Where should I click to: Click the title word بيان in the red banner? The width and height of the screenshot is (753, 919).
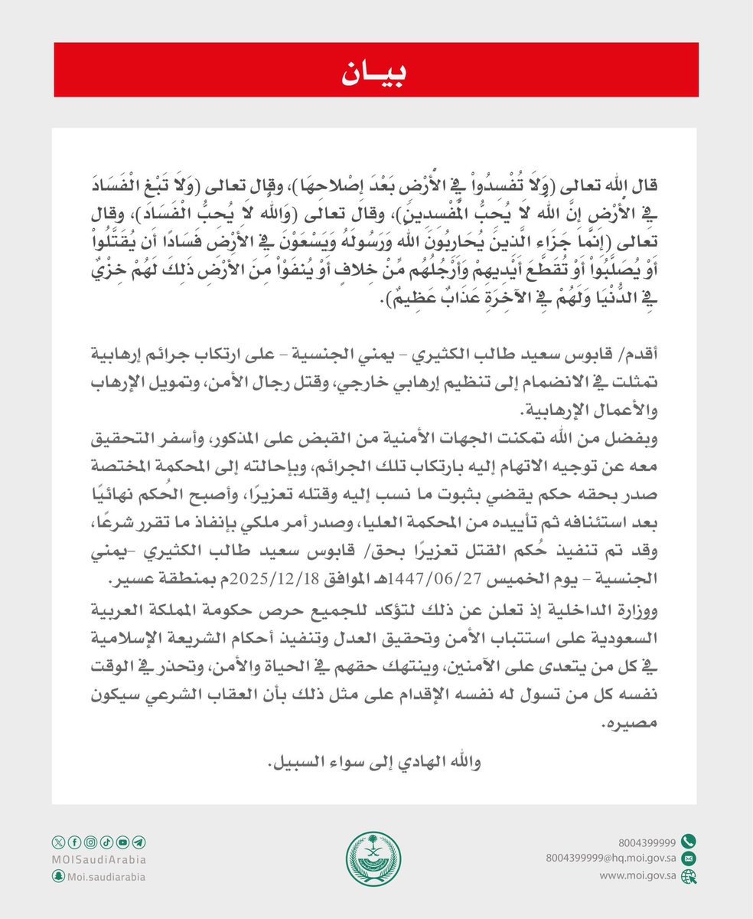click(x=376, y=70)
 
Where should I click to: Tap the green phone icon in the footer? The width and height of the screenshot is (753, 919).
click(x=688, y=839)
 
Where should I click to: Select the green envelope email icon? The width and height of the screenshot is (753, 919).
click(x=688, y=858)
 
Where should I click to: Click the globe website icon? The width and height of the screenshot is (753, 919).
click(x=688, y=876)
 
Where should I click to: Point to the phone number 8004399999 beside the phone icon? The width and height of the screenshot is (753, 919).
click(x=649, y=840)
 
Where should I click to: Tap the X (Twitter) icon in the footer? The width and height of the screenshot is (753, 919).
click(x=58, y=843)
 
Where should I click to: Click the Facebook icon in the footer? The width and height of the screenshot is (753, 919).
click(x=75, y=843)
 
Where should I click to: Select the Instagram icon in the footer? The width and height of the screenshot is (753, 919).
click(x=91, y=843)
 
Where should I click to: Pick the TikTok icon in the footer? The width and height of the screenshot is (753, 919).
click(x=107, y=843)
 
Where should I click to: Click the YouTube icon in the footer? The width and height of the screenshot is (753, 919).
click(x=123, y=843)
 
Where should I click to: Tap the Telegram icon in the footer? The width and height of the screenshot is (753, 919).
click(x=139, y=843)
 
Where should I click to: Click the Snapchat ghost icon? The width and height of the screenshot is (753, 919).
click(x=58, y=877)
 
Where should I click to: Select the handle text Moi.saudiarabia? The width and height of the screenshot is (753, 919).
click(x=106, y=877)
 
